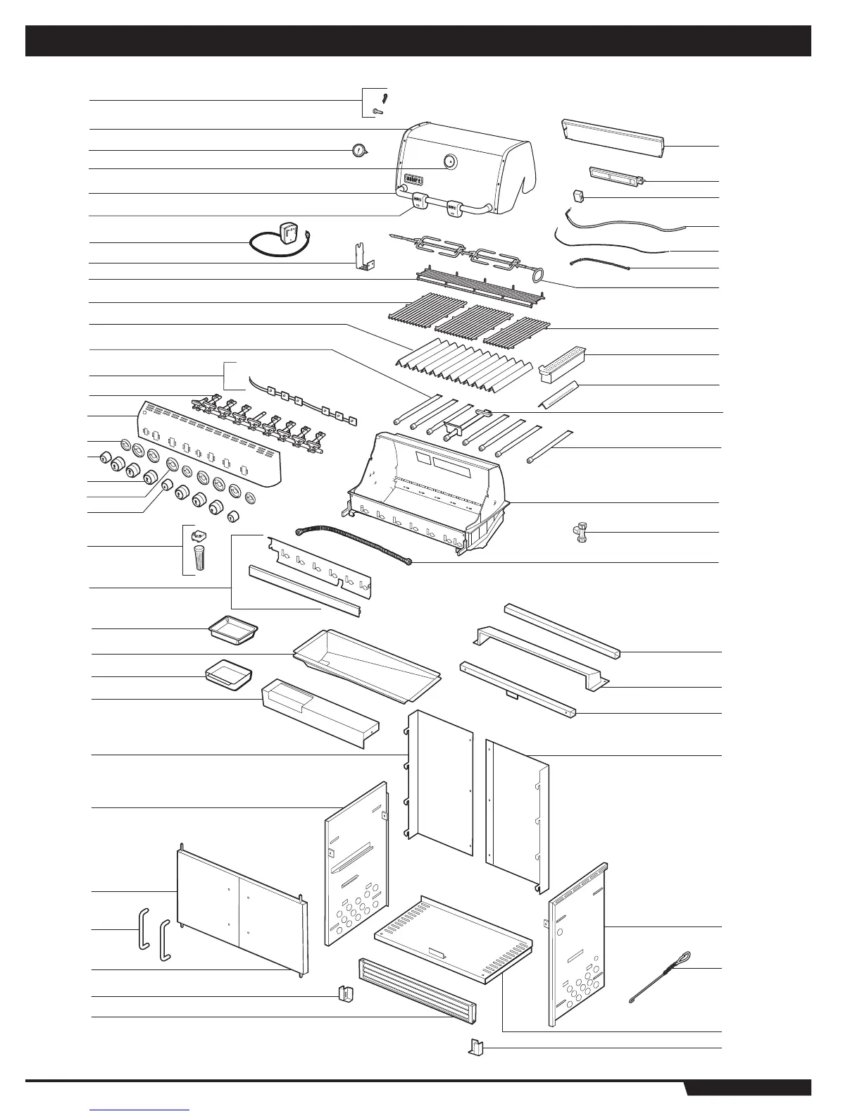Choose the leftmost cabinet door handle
coord(143,929)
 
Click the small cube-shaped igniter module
coord(579,196)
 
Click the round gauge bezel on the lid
coord(450,162)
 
